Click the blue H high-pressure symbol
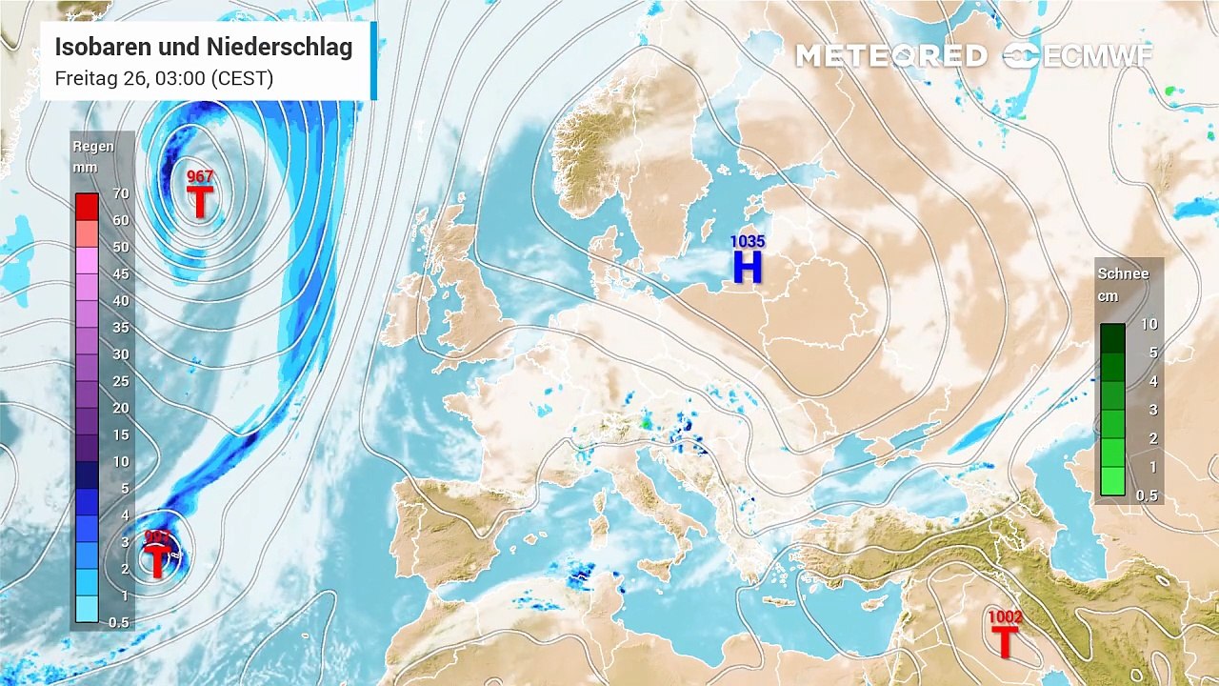(748, 267)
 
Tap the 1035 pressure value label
(748, 242)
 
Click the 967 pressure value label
(200, 176)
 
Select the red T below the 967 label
(200, 201)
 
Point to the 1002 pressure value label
(1005, 617)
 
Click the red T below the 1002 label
(1005, 641)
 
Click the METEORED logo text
(891, 56)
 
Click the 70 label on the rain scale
(121, 193)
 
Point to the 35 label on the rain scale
(121, 328)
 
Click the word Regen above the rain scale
(93, 147)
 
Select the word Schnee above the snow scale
(1124, 273)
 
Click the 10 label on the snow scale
(1149, 324)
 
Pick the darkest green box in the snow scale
(1112, 337)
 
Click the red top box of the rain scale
(87, 206)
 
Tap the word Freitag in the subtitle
(83, 78)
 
